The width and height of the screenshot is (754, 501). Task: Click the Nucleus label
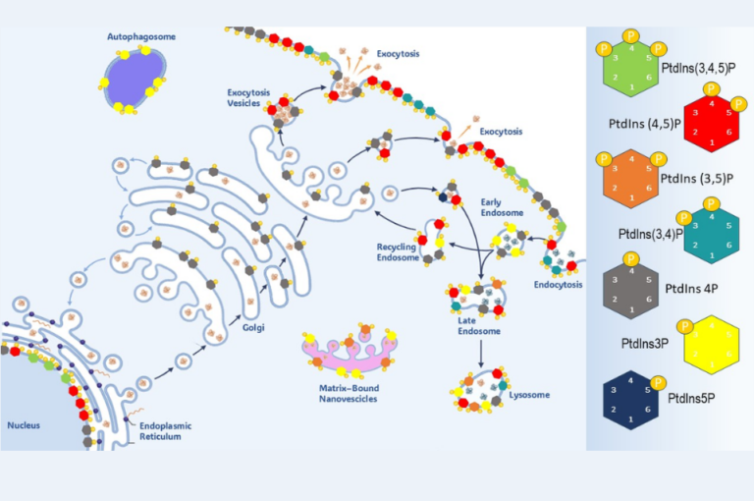pos(25,425)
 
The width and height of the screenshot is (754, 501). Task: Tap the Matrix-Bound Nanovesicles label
pos(340,395)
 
